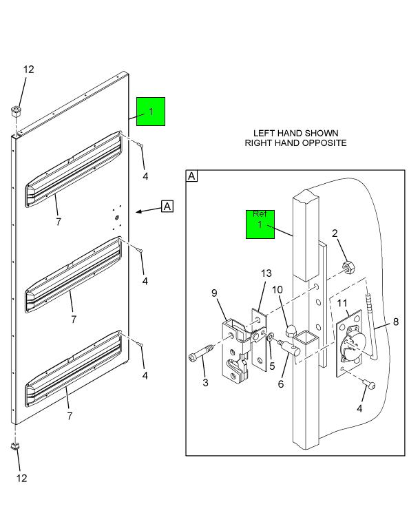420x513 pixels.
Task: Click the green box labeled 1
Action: (151, 111)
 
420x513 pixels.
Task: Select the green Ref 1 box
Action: (260, 224)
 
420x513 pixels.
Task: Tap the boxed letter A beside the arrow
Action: (167, 205)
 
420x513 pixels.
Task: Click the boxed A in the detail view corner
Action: (192, 176)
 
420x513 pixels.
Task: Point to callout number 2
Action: (335, 233)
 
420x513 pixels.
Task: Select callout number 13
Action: (266, 273)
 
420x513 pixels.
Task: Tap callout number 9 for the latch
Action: (214, 293)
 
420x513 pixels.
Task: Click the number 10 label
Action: (277, 290)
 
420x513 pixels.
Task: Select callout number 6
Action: (281, 384)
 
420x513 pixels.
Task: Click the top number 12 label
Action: (28, 70)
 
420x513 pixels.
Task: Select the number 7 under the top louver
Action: (59, 222)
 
